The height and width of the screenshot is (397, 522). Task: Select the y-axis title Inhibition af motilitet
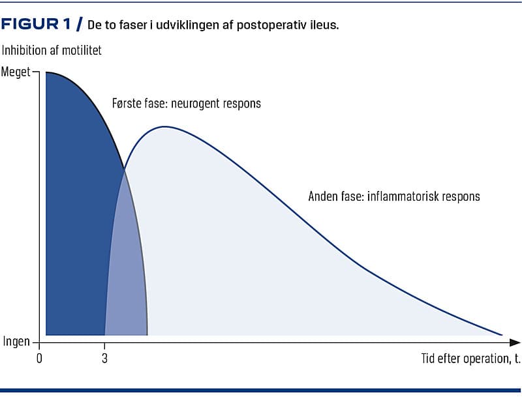point(52,50)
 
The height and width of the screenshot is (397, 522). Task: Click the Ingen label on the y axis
point(16,342)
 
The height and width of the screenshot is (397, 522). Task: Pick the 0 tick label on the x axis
point(40,357)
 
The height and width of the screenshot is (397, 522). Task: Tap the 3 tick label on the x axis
point(104,357)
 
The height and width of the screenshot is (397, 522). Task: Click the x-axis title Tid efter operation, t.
point(465,358)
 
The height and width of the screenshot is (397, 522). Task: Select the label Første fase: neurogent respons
point(187,104)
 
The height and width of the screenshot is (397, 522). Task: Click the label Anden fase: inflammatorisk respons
point(393,196)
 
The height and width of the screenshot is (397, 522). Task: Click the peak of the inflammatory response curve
point(165,126)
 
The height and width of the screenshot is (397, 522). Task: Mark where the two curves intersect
point(124,171)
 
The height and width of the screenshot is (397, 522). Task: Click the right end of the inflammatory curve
point(502,335)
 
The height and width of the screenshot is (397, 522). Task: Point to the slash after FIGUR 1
point(79,25)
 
